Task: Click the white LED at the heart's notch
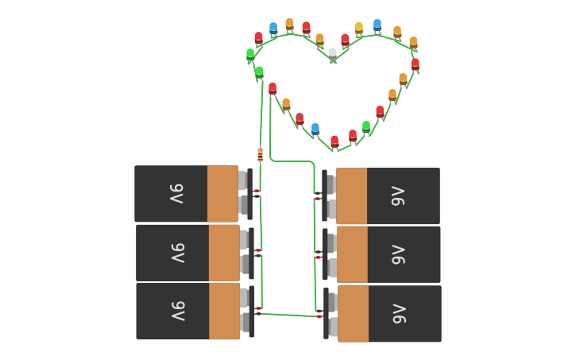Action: [x=332, y=54]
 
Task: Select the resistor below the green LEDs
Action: [x=260, y=154]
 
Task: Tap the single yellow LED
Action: [x=359, y=29]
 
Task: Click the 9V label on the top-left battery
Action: [x=176, y=193]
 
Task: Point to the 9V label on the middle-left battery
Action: [x=178, y=252]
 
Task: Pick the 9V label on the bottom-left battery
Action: [x=178, y=311]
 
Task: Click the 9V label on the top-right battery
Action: [x=398, y=196]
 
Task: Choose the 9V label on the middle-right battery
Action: [x=398, y=254]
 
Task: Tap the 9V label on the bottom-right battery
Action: [x=399, y=314]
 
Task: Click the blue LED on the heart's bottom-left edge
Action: [x=315, y=129]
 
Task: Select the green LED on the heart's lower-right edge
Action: [x=366, y=126]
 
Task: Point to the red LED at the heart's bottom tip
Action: [x=334, y=141]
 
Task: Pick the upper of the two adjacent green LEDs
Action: [x=250, y=55]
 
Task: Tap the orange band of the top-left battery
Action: [x=222, y=193]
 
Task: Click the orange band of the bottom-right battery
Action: [x=353, y=314]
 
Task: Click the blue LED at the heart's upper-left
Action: [x=273, y=29]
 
